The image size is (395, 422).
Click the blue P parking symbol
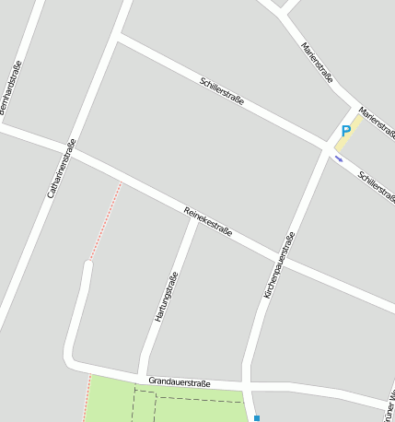click(x=346, y=132)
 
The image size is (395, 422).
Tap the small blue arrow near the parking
click(x=339, y=158)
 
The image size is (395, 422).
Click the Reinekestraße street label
click(x=208, y=220)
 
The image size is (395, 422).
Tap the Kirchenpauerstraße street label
click(x=280, y=265)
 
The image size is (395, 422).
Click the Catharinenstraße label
click(x=61, y=170)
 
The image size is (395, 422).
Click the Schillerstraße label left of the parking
click(x=222, y=91)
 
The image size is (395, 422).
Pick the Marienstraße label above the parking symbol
click(x=317, y=63)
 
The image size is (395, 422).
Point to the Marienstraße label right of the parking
click(x=378, y=123)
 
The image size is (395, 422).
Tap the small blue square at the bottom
click(x=257, y=418)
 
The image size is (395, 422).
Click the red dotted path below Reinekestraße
click(x=106, y=221)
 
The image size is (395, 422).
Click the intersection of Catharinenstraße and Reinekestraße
click(x=74, y=151)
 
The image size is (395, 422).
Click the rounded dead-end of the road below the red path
click(x=88, y=267)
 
